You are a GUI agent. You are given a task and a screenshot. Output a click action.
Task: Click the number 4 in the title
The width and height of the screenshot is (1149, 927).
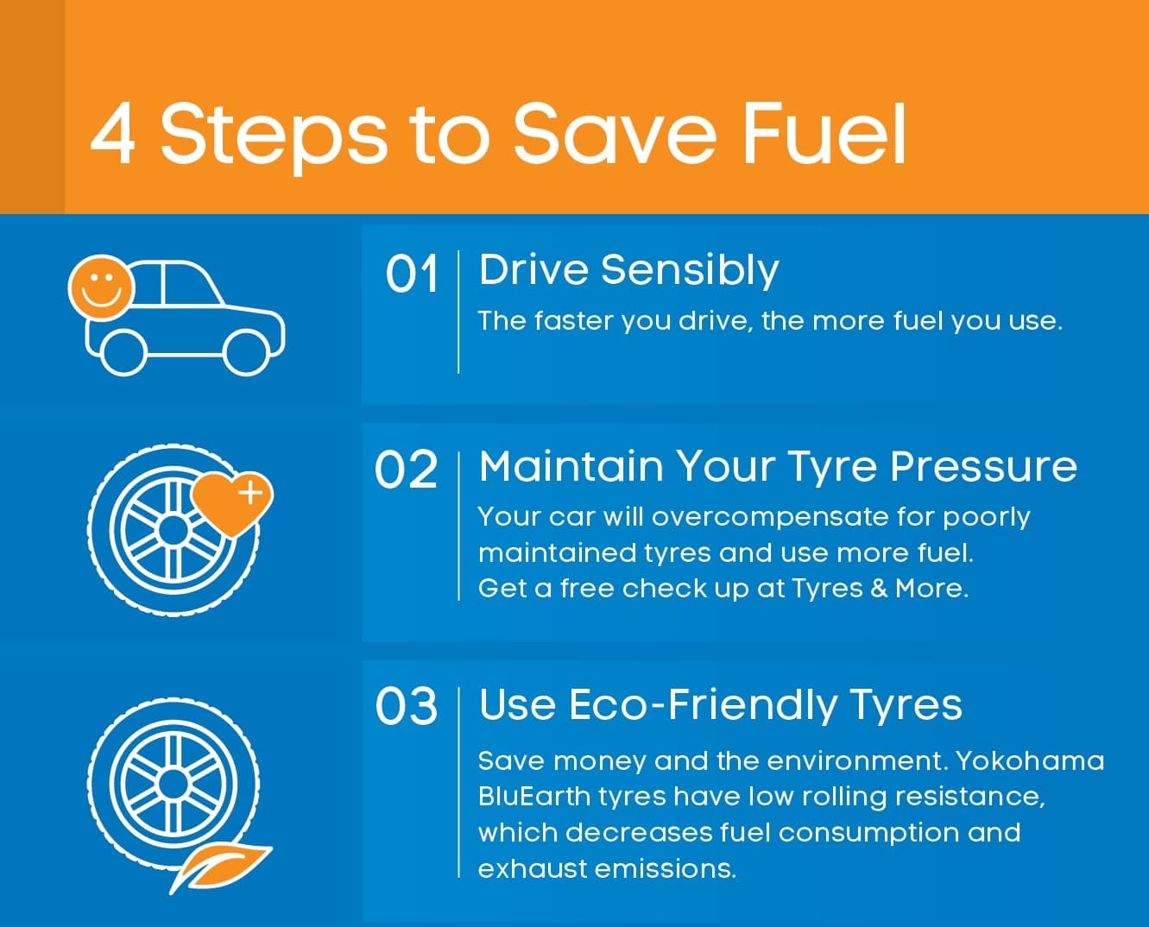pyautogui.click(x=112, y=134)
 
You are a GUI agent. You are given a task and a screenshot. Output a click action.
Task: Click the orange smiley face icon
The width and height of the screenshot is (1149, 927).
pyautogui.click(x=100, y=288)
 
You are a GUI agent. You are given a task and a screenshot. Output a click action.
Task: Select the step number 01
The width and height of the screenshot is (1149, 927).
pyautogui.click(x=411, y=274)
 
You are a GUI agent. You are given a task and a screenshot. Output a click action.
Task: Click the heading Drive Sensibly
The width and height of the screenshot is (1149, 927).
pyautogui.click(x=628, y=272)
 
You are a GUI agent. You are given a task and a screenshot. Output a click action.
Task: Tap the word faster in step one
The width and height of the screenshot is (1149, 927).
pyautogui.click(x=574, y=321)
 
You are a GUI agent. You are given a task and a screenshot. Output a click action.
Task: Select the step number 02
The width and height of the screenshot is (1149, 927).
pyautogui.click(x=406, y=470)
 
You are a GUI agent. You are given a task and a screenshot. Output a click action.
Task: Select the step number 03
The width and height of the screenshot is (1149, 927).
pyautogui.click(x=406, y=706)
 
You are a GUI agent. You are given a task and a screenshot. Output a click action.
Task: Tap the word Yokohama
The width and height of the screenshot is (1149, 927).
pyautogui.click(x=1029, y=761)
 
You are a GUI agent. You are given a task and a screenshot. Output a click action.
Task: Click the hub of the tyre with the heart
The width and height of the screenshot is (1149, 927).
pyautogui.click(x=173, y=530)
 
